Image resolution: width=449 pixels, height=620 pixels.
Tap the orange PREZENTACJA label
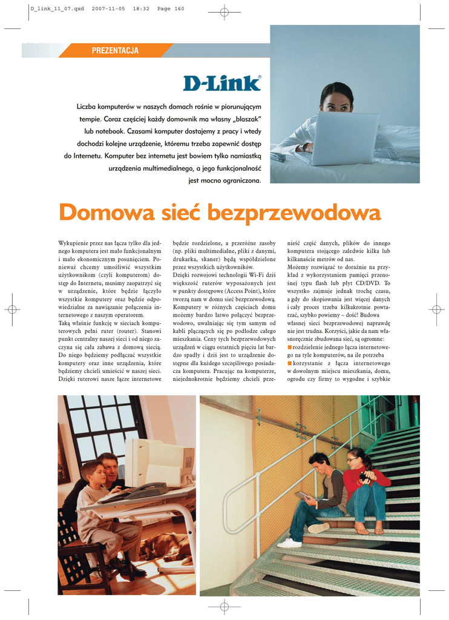coord(115,51)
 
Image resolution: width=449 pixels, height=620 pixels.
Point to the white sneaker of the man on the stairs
coord(289,542)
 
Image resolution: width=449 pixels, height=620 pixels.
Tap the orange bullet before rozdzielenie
coord(289,347)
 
